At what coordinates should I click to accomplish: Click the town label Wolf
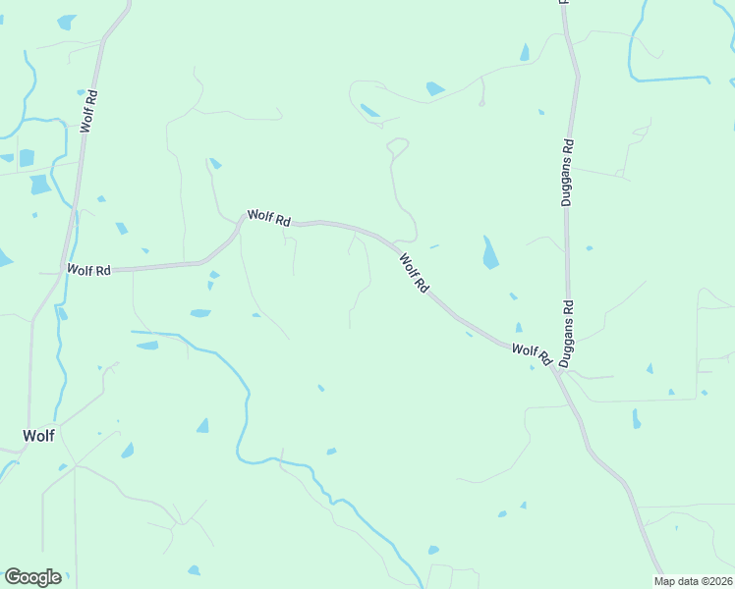pos(39,434)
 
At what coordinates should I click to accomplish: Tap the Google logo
pos(32,577)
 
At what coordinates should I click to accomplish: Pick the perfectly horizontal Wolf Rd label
pos(88,270)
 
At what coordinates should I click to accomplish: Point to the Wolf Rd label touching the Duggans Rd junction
pos(531,351)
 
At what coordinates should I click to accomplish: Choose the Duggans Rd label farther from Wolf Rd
pos(567,176)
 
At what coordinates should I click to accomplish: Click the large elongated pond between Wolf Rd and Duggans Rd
pos(489,253)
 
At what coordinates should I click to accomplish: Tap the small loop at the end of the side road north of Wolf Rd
pos(398,146)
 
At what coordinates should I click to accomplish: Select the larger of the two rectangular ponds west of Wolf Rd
pos(40,184)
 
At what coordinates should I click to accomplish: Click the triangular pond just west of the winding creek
pos(202,426)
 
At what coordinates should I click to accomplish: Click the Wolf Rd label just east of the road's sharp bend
pos(268,218)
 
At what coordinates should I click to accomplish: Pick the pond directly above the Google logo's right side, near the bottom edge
pos(194,570)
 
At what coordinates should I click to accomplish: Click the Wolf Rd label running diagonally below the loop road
pos(415,273)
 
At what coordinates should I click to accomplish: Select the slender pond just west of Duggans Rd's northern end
pos(525,51)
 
